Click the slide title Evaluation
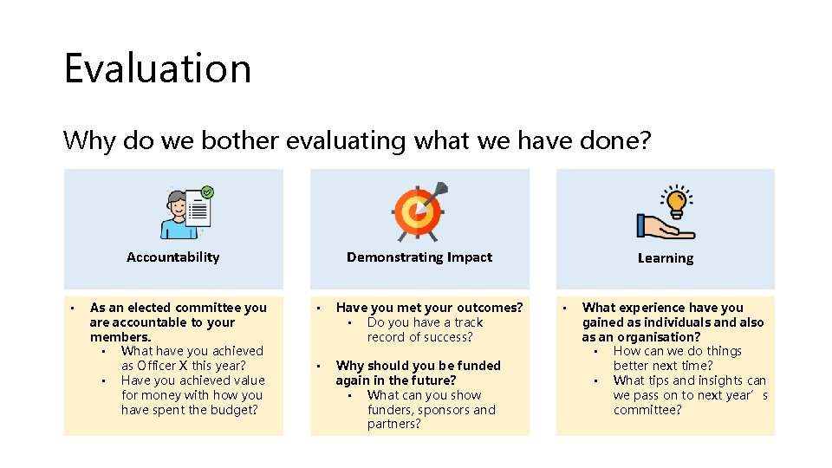pyautogui.click(x=157, y=68)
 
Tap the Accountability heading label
pyautogui.click(x=172, y=257)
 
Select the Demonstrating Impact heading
pyautogui.click(x=419, y=257)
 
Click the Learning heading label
pyautogui.click(x=665, y=258)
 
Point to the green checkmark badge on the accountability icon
pyautogui.click(x=207, y=192)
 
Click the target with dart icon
pyautogui.click(x=419, y=211)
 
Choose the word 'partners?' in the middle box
pyautogui.click(x=393, y=425)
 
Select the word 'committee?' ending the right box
pyautogui.click(x=647, y=410)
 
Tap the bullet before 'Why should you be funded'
pyautogui.click(x=318, y=366)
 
